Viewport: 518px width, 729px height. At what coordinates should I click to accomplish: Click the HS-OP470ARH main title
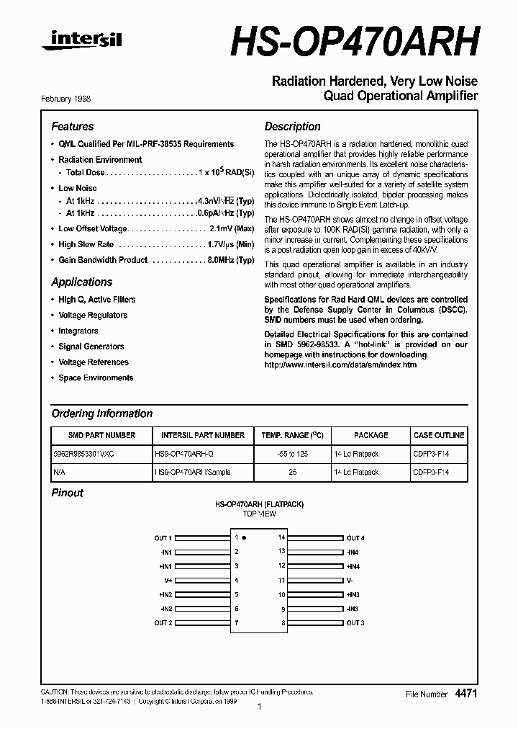(354, 43)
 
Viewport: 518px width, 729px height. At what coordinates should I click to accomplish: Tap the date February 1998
(71, 99)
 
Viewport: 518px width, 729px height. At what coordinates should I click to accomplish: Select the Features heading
(73, 126)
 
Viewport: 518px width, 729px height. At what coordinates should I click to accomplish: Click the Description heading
(292, 126)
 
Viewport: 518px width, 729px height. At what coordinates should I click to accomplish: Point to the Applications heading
(82, 282)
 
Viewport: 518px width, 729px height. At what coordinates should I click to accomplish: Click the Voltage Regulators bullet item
(93, 315)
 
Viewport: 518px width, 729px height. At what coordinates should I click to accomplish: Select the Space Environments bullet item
(96, 377)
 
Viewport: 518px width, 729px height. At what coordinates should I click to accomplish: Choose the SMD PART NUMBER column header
(101, 435)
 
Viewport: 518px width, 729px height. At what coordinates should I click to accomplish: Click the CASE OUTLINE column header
(439, 435)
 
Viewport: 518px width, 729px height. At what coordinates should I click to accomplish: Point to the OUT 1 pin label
(163, 538)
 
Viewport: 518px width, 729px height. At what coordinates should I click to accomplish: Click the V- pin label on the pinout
(350, 580)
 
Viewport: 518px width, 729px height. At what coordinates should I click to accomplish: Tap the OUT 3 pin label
(355, 622)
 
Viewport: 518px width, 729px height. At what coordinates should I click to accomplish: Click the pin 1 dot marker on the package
(244, 537)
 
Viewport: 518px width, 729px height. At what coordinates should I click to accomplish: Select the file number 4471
(465, 693)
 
